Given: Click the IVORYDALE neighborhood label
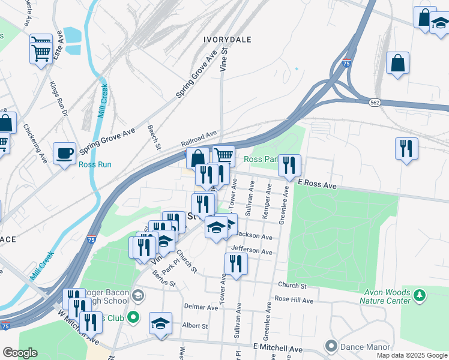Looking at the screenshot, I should pos(226,39).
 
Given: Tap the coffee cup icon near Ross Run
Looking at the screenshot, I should pos(64,153).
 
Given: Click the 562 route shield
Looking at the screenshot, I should pos(374,103).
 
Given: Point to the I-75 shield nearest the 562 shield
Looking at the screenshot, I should pos(346,63).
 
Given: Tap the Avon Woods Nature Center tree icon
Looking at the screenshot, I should pos(420,295).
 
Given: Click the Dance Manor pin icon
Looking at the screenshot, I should pos(330,346).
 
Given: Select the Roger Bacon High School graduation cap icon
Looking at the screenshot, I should pos(138,295).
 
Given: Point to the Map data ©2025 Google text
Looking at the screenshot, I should pos(411,355).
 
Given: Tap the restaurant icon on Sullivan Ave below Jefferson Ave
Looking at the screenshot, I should pos(236,263).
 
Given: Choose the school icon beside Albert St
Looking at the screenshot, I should pos(161,323).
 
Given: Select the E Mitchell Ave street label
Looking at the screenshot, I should pos(278,348).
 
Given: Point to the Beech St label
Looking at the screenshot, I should pos(154,137).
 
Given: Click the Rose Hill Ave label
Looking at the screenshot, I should pos(294,300).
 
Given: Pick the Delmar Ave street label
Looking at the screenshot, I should pos(201,307).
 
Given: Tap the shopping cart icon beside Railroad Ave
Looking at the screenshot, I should pos(224,156).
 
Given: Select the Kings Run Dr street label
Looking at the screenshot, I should pos(59,99).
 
